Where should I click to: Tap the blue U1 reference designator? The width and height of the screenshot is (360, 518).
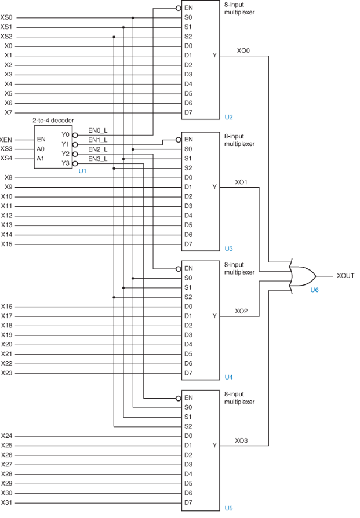[x=82, y=172]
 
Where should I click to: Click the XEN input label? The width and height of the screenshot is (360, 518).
[x=6, y=140]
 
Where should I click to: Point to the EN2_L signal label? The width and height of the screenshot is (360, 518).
[x=97, y=149]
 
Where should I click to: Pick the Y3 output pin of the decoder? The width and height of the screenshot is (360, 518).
[x=65, y=163]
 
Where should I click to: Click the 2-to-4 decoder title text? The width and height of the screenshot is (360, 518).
[x=53, y=120]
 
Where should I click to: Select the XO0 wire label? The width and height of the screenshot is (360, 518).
[x=243, y=50]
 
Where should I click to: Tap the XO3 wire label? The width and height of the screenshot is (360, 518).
[x=242, y=440]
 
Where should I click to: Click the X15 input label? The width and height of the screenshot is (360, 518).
[x=7, y=244]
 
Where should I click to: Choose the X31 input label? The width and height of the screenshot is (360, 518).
[x=7, y=502]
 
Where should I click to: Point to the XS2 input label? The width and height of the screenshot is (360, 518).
[x=6, y=36]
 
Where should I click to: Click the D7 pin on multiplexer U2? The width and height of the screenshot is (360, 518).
[x=188, y=112]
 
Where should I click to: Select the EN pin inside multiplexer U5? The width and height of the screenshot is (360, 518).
[x=188, y=398]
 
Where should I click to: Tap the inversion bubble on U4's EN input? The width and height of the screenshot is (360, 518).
[x=178, y=269]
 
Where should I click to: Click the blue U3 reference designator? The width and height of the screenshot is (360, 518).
[x=228, y=249]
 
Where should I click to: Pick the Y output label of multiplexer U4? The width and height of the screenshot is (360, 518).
[x=214, y=316]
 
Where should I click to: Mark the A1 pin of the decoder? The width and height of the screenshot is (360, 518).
[x=41, y=158]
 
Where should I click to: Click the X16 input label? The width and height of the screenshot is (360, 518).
[x=7, y=307]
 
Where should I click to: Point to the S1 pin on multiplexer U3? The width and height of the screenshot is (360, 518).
[x=188, y=158]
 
